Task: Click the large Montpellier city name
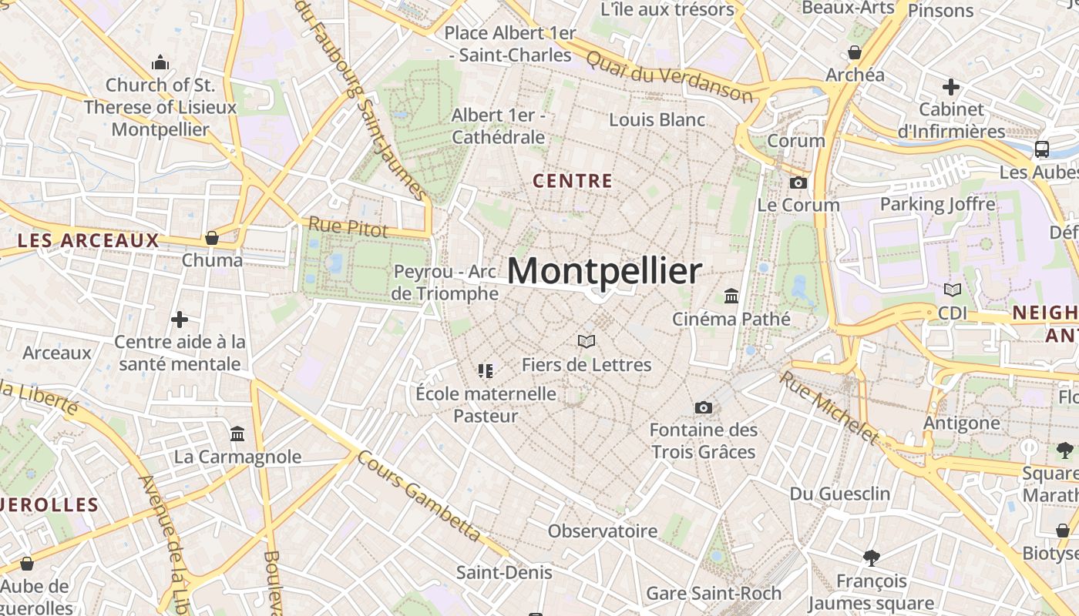604,271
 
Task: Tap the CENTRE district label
573,182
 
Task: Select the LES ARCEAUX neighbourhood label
88,241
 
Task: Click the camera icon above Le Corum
798,183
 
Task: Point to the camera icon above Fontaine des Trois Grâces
703,408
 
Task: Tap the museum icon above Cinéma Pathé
731,296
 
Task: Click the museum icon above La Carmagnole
237,434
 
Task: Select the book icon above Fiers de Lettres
587,341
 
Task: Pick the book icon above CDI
953,290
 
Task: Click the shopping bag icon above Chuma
212,238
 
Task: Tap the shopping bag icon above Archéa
854,53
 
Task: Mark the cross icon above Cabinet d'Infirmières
951,87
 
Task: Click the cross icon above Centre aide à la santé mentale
180,320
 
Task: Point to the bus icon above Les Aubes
1041,149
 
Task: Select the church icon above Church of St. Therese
160,62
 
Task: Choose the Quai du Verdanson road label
668,76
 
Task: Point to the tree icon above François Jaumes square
872,557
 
